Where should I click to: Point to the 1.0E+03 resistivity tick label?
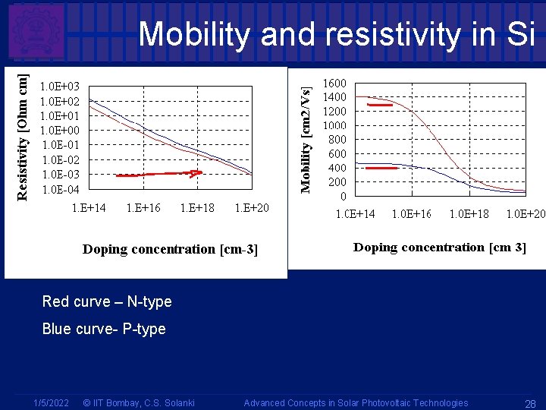click(60, 87)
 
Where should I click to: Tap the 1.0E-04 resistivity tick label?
click(60, 189)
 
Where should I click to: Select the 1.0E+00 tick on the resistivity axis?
click(60, 131)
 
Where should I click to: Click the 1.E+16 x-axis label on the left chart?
click(143, 208)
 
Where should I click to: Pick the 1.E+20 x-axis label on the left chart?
click(252, 208)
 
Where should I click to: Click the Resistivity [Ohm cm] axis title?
click(24, 137)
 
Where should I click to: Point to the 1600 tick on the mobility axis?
click(335, 84)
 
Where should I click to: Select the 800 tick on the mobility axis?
click(337, 140)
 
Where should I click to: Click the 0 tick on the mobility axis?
click(344, 196)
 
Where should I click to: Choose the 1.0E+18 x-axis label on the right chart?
click(469, 214)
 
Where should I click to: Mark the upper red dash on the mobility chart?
click(379, 105)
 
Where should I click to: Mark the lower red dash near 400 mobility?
click(381, 168)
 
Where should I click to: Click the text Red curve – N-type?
click(107, 301)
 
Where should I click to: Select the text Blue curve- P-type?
click(103, 329)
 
